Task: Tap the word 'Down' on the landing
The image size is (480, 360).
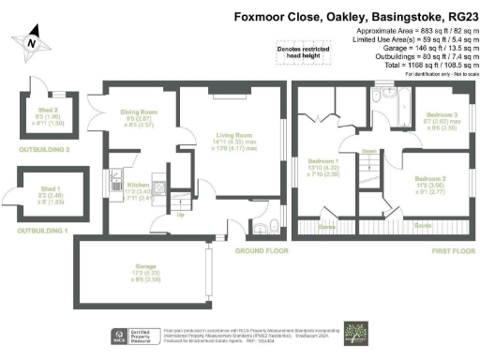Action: pyautogui.click(x=369, y=149)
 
